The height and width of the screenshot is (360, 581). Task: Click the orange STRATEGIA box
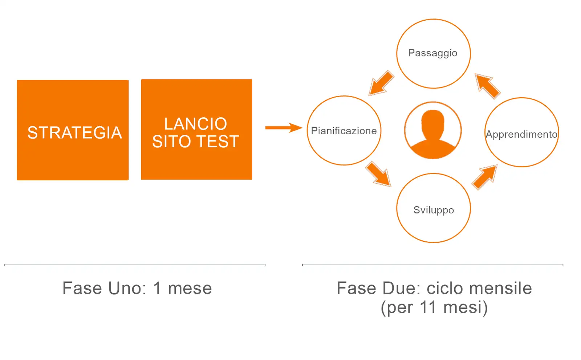coord(73,130)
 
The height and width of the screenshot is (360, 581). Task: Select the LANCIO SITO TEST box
coord(196,129)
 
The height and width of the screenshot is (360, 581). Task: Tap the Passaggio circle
coord(433,53)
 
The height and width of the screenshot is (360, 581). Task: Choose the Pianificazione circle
coord(344,131)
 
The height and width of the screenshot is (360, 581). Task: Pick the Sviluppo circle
coord(433,208)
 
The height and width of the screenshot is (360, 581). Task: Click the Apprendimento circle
coord(521,132)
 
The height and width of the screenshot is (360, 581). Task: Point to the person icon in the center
coord(433,130)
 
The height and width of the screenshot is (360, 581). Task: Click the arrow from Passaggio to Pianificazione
coord(381,83)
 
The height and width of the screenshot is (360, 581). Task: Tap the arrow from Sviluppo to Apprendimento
coord(485,177)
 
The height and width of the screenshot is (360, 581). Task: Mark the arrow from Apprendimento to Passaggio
coord(487,86)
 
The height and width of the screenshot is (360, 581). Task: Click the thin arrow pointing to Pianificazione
coord(283,128)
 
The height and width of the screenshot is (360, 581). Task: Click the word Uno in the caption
coord(127,289)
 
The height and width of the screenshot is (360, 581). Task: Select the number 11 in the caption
coord(428,307)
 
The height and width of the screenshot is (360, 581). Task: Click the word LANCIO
coord(195,124)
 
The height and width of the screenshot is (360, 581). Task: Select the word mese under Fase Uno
coord(190,289)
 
